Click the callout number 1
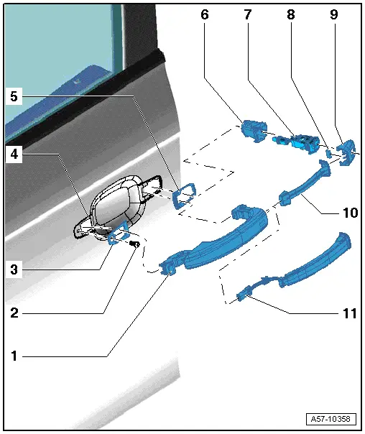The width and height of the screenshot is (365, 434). point(14,356)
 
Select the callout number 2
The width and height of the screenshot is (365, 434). point(14,313)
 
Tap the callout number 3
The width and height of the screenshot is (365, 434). point(14,269)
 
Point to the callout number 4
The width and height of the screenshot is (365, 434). point(14,154)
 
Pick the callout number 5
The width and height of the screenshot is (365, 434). point(14,96)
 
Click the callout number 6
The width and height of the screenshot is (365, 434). point(205,14)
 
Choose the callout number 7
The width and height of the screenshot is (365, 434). point(248,14)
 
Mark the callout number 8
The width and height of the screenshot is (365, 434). point(290,14)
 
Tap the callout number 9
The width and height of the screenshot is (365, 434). point(333,14)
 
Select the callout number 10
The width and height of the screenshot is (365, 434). point(351,213)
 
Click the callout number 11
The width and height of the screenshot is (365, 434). point(350,313)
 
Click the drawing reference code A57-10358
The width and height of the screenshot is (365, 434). point(331,418)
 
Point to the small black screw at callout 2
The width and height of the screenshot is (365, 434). point(135,244)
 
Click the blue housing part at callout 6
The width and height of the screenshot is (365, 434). point(254,131)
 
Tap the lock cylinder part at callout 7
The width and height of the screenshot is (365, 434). point(296,141)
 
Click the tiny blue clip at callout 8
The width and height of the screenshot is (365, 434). point(328,153)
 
